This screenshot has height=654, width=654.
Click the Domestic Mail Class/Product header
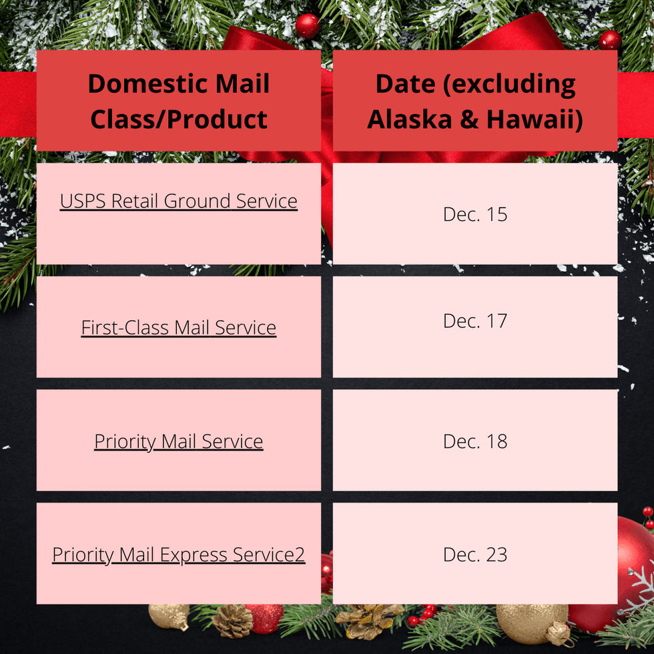coord(179,101)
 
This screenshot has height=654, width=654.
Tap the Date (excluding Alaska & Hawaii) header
coord(475,101)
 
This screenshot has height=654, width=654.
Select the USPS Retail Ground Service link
coord(179,201)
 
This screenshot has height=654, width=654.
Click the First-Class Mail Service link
coord(179,328)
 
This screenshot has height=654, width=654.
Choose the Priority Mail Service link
coord(179,441)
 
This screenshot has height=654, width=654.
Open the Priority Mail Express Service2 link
coord(179,555)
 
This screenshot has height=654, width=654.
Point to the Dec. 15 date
coord(475,214)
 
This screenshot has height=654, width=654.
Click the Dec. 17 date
coord(475,321)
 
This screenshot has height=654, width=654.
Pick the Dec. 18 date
coord(475,441)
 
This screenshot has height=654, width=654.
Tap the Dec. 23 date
coord(475,555)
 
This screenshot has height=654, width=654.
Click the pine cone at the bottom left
coord(232,621)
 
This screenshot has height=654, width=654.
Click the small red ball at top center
coord(308,26)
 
